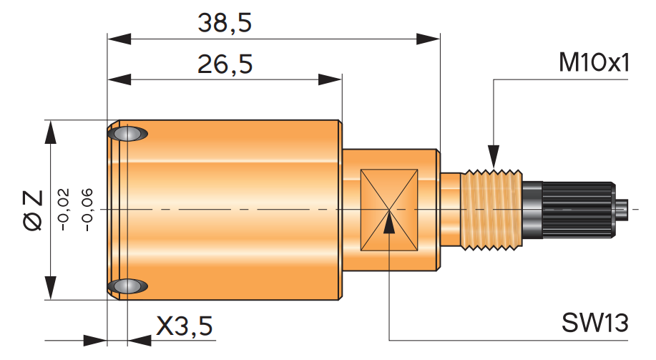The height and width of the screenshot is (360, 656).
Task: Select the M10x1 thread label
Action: tap(594, 63)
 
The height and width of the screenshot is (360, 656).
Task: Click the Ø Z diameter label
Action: tap(32, 210)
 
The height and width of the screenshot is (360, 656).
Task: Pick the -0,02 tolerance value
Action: tap(64, 210)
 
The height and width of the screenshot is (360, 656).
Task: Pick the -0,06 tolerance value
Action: tap(87, 210)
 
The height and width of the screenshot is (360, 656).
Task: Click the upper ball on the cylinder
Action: tap(128, 134)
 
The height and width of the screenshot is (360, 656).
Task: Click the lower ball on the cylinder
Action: tap(128, 286)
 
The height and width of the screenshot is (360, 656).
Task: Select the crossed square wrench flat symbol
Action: tap(389, 210)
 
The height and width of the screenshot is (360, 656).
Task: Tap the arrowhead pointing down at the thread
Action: tap(494, 157)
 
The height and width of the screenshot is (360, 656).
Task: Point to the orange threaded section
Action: tap(492, 210)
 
